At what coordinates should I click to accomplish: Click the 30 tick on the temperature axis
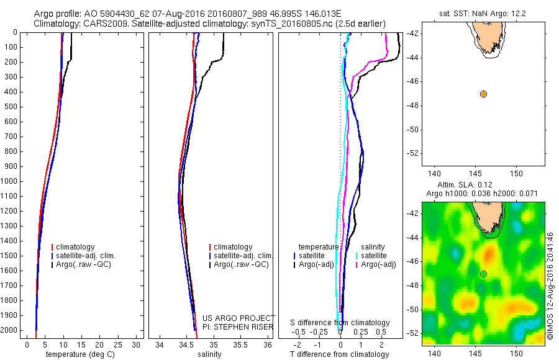pyautogui.click(x=137, y=344)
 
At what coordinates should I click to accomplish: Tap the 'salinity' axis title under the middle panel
pyautogui.click(x=209, y=354)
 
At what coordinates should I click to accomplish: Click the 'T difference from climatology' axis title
pyautogui.click(x=339, y=354)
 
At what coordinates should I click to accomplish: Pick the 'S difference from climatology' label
pyautogui.click(x=340, y=323)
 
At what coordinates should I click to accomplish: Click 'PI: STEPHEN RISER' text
pyautogui.click(x=239, y=326)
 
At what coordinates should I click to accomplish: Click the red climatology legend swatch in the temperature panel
pyautogui.click(x=53, y=247)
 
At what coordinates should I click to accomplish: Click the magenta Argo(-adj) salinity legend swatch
pyautogui.click(x=357, y=265)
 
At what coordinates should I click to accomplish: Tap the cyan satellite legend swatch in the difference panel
pyautogui.click(x=357, y=256)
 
